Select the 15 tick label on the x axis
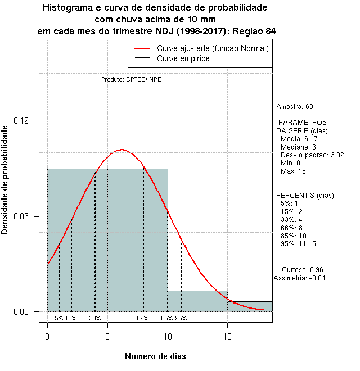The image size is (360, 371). [x=227, y=336]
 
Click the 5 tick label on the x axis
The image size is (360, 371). [x=107, y=336]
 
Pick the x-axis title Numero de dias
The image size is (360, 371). [x=155, y=356]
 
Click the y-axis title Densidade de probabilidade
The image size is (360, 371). [x=6, y=180]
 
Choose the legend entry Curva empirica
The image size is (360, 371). [x=183, y=58]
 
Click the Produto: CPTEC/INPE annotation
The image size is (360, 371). [x=131, y=79]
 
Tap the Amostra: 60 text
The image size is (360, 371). [x=295, y=107]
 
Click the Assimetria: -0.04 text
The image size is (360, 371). [x=299, y=278]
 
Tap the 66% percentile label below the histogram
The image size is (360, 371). [x=142, y=318]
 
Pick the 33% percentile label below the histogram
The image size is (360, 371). [x=94, y=318]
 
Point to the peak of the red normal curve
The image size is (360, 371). [x=121, y=150]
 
